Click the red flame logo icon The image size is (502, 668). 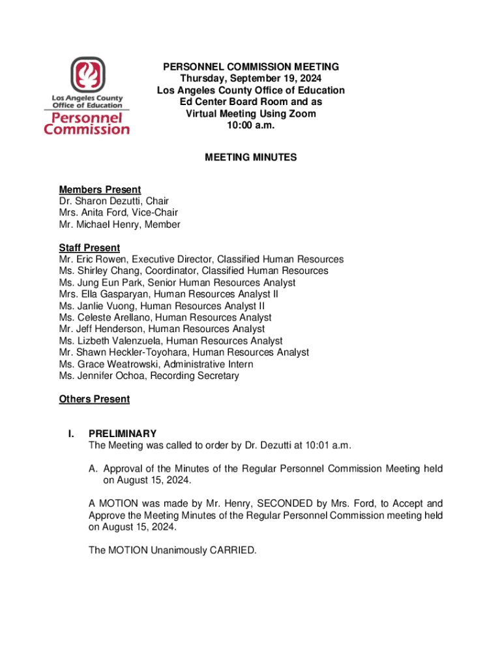pos(87,75)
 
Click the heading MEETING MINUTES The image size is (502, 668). pos(251,157)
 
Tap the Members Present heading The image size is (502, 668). pos(100,190)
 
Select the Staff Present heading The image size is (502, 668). pos(89,248)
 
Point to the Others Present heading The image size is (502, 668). pos(94,399)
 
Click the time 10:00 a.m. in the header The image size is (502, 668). pos(250,126)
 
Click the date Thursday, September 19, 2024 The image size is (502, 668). pos(251,79)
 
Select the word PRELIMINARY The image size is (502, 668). pos(123,434)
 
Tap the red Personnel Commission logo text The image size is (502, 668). pos(87,123)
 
